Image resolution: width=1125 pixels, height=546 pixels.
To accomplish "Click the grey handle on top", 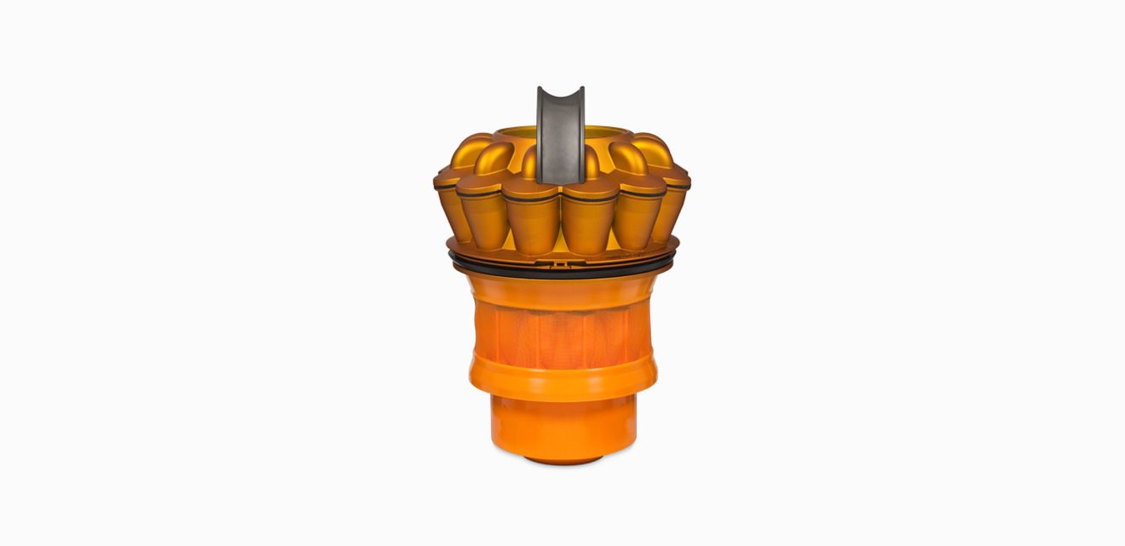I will tap(560, 136).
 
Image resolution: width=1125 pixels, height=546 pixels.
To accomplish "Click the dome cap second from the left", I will tap(495, 158).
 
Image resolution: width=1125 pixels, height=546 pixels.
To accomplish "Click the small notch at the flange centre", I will tap(559, 264).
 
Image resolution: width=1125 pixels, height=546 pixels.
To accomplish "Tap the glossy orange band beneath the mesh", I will tap(560, 380).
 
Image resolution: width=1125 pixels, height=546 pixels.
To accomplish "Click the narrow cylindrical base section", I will tap(562, 426).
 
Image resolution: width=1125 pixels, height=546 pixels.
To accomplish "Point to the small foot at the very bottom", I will tap(562, 460).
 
